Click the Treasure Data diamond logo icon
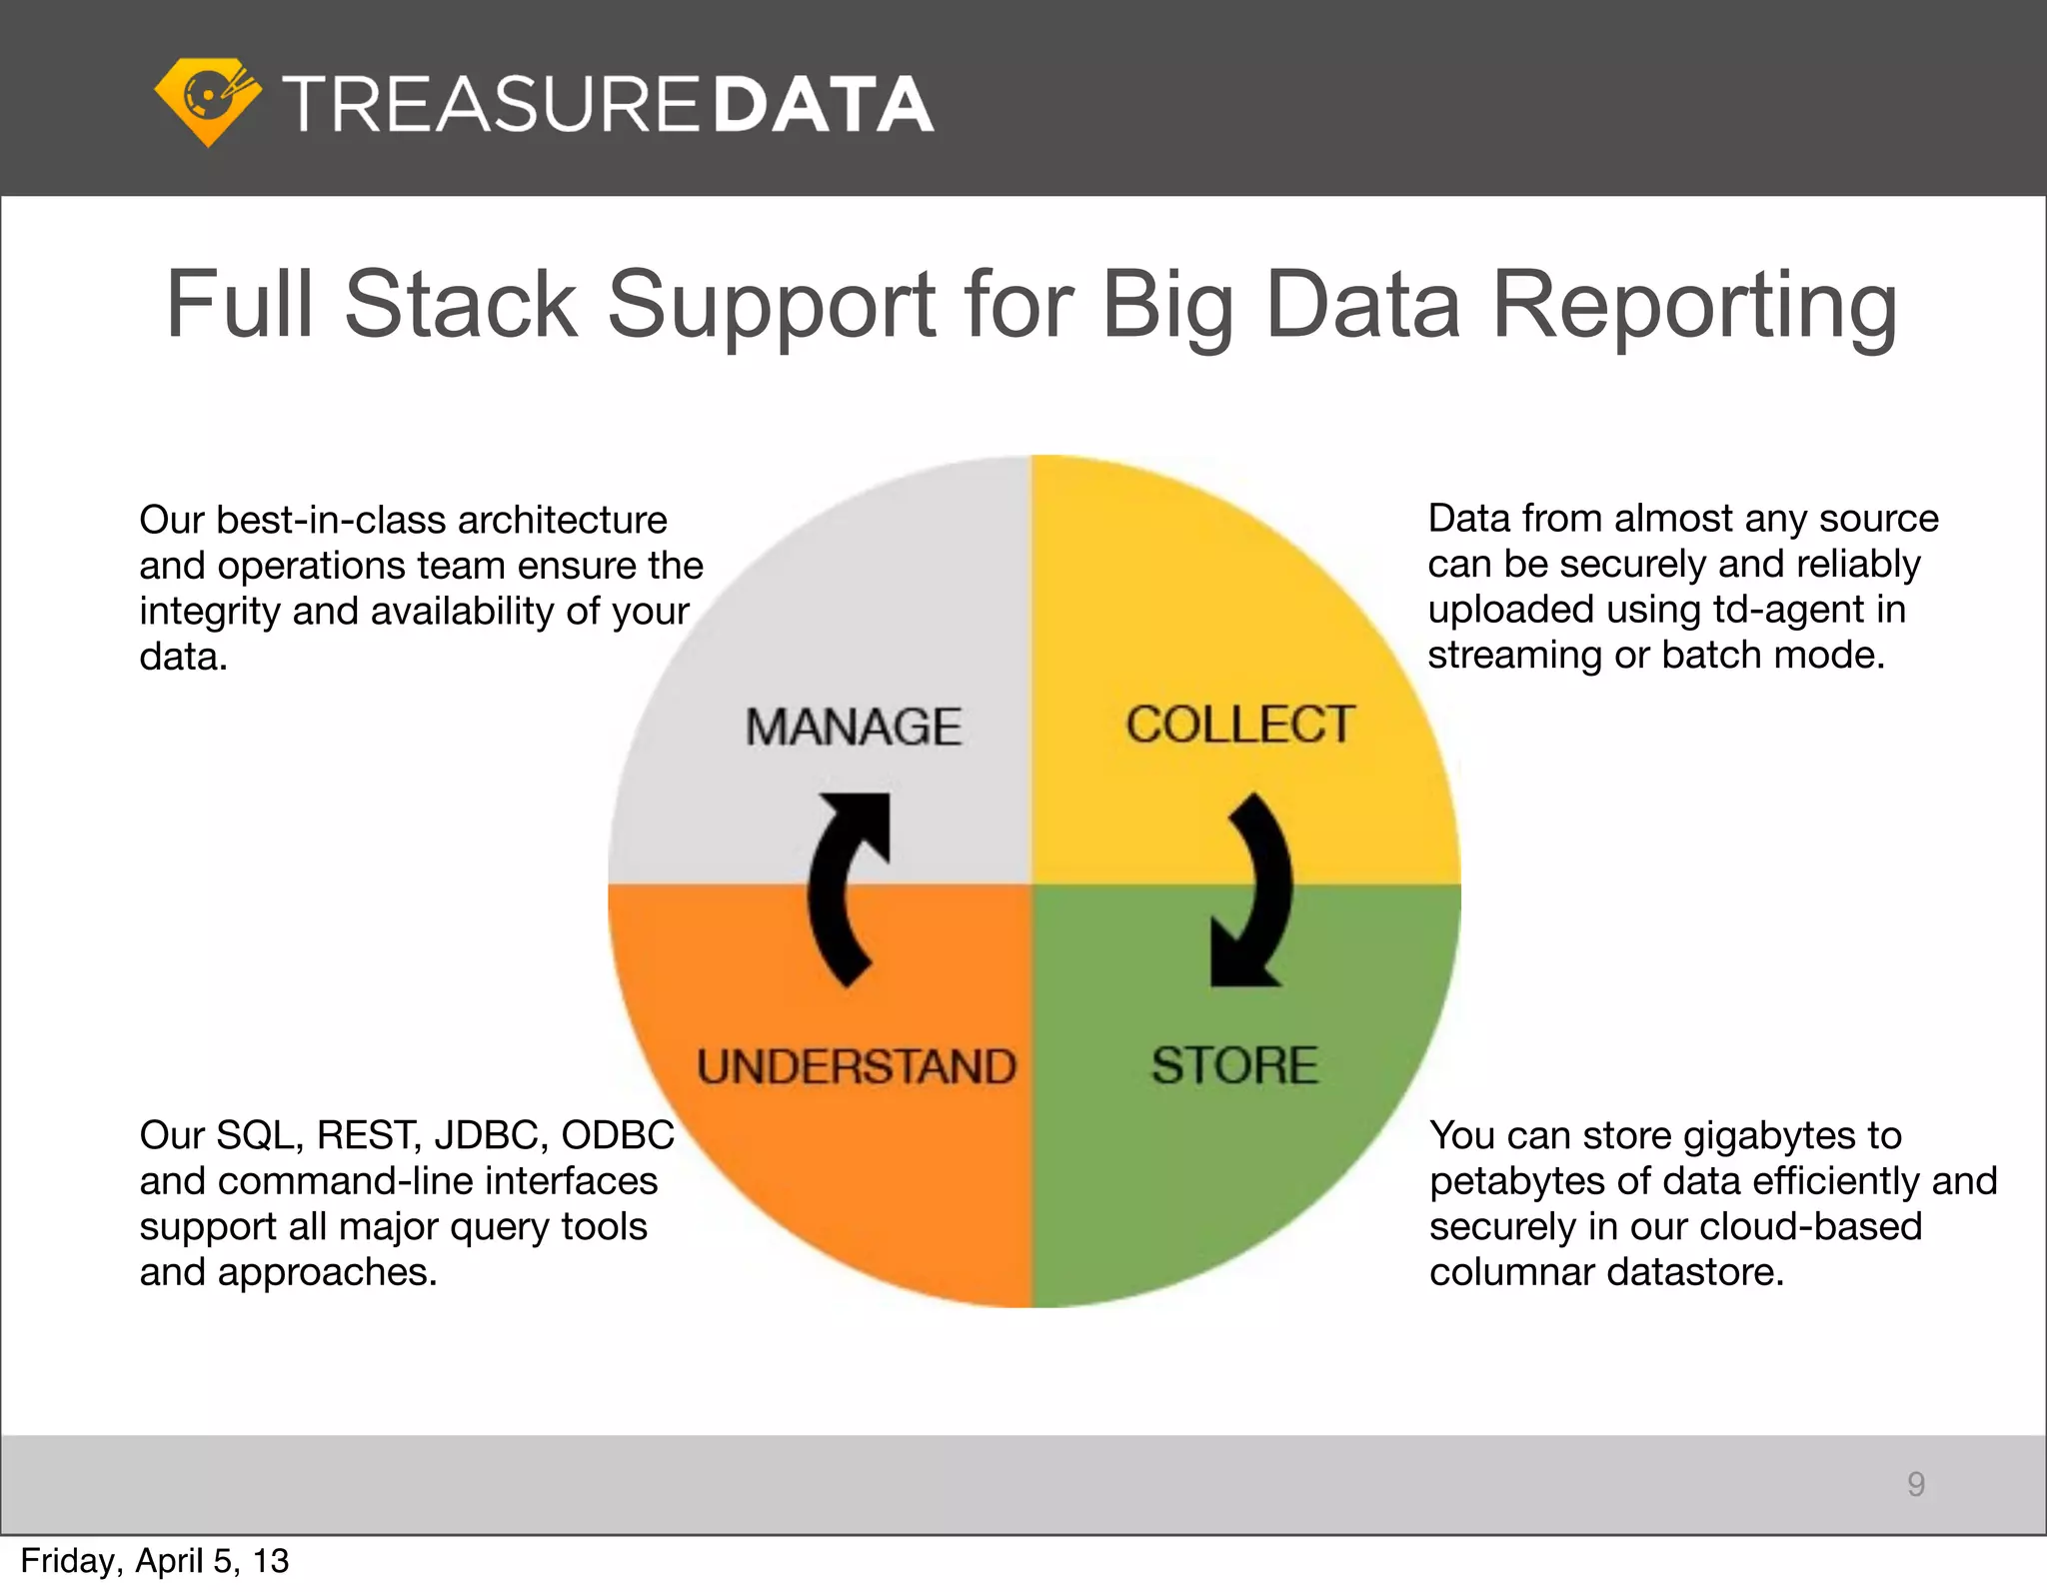208,101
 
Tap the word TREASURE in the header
491,104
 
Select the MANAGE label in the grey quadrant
853,727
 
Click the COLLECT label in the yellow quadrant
1240,725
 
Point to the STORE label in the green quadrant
1234,1065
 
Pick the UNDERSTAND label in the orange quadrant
857,1066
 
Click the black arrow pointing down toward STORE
1251,889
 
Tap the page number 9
1915,1484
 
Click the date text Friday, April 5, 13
155,1561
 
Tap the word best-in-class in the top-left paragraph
331,520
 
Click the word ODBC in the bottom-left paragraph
618,1135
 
